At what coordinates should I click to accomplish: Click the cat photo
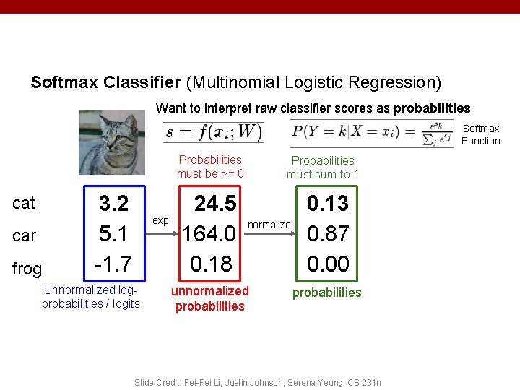pos(112,142)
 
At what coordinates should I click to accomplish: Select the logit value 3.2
pos(113,204)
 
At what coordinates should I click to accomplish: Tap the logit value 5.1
pos(113,234)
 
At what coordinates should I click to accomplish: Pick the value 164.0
pos(209,234)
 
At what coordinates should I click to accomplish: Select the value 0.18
pos(211,264)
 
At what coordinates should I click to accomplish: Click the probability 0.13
pos(327,204)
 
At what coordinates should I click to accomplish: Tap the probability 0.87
pos(327,234)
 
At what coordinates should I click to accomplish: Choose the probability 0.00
pos(327,264)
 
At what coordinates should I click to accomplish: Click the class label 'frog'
pos(27,269)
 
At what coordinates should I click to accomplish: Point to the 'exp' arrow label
pos(160,220)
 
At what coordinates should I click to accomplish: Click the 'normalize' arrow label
pos(269,225)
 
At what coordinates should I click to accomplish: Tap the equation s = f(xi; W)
pos(214,132)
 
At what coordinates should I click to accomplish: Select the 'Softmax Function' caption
pos(480,135)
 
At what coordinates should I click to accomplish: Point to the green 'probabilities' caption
pos(326,292)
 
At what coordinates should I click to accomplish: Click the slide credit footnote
pos(258,382)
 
